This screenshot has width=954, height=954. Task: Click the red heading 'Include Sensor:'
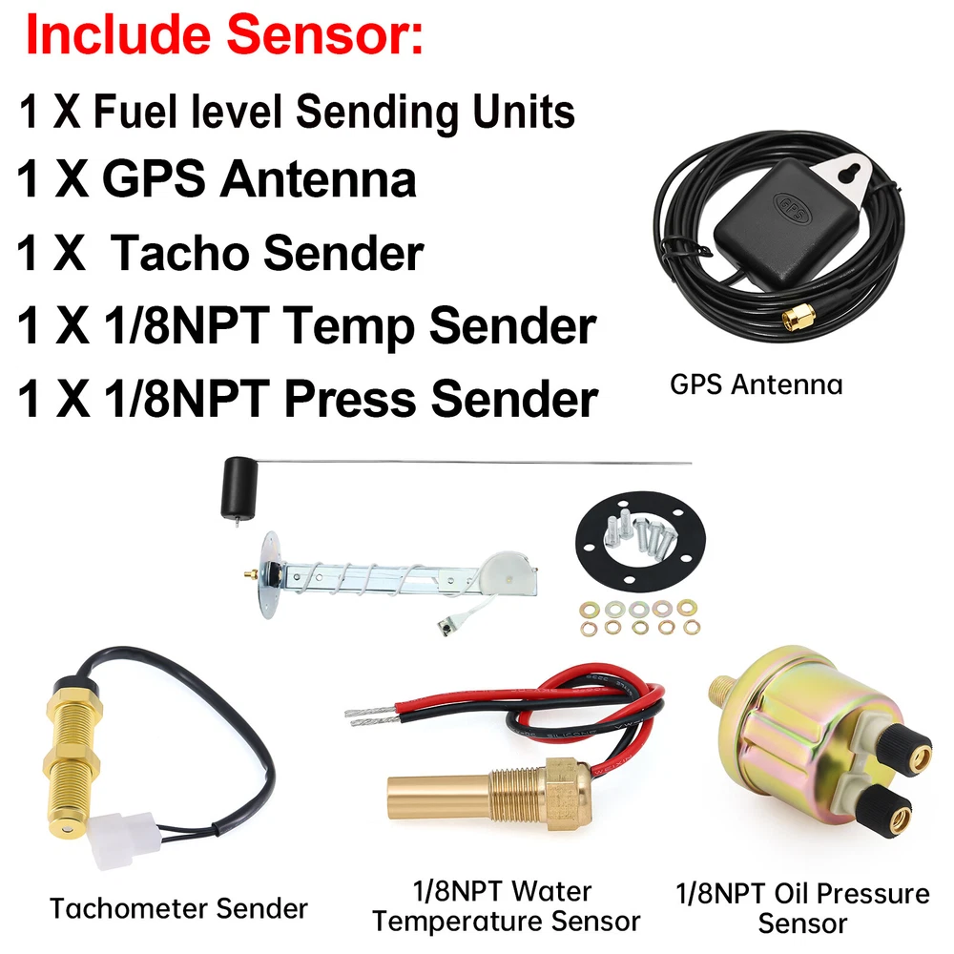(x=224, y=34)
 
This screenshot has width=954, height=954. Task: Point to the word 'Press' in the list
(x=351, y=399)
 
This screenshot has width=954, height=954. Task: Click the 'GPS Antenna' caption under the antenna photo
(x=757, y=384)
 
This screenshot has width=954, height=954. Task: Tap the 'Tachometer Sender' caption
(x=179, y=909)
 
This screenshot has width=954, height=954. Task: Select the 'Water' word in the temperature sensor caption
(x=550, y=891)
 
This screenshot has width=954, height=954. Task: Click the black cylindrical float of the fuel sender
(x=237, y=487)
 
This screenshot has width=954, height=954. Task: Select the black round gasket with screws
(x=640, y=542)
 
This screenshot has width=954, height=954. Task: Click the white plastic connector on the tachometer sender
(x=122, y=840)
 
